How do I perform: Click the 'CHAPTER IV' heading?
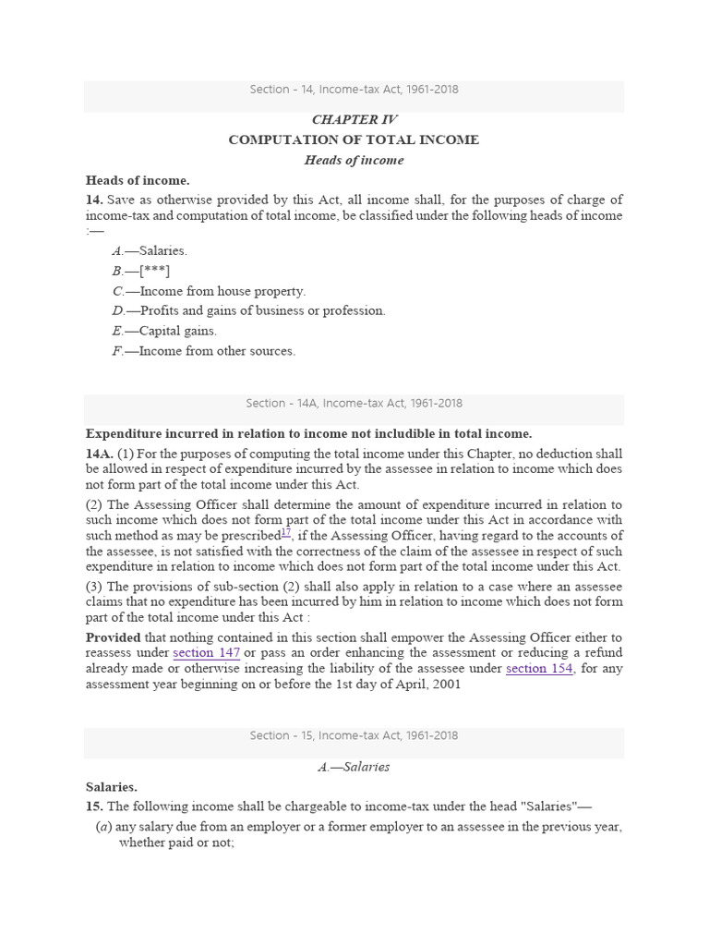point(354,119)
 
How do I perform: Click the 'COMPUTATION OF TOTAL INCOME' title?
point(354,139)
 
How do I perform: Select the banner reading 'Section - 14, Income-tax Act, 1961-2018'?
point(354,91)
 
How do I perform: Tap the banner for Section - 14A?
point(354,404)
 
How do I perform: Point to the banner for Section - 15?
point(354,736)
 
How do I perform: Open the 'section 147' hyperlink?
point(207,653)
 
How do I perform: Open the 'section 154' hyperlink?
point(540,669)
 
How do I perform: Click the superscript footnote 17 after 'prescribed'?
point(285,533)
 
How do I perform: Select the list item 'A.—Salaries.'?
point(150,250)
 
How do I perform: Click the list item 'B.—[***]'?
point(141,271)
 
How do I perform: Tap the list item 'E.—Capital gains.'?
point(164,331)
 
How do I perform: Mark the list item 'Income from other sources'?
point(204,351)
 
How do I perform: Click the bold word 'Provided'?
point(114,637)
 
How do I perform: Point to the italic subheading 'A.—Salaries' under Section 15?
point(354,767)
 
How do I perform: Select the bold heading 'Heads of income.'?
point(138,180)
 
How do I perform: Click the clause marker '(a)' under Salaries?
point(104,828)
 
